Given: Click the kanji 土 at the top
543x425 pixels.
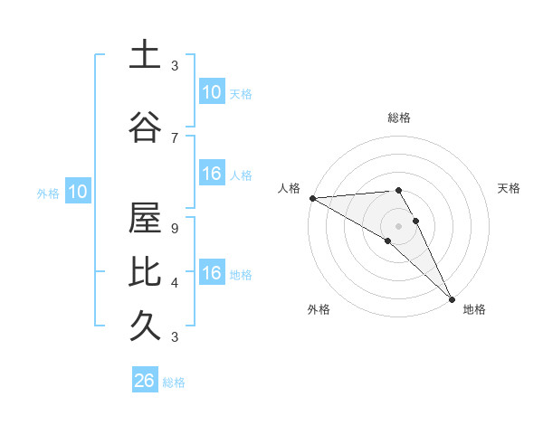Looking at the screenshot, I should (145, 55).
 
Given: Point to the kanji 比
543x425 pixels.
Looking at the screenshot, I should (145, 271).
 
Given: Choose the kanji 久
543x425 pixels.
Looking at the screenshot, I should (145, 324).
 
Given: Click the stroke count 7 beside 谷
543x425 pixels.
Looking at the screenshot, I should (175, 137).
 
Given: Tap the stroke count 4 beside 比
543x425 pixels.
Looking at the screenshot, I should (175, 283).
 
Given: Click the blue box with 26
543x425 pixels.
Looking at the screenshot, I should (144, 381).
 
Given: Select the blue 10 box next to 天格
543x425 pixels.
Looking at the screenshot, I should (211, 92).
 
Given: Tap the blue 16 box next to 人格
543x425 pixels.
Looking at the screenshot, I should (211, 174).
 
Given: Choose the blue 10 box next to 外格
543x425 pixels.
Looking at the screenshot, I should (77, 192).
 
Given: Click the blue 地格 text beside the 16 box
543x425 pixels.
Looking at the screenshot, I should (241, 275).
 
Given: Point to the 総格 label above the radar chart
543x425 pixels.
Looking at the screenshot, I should (399, 118).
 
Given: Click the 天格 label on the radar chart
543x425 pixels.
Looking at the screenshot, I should (509, 188).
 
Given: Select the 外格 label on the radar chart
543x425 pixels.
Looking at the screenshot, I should (319, 310).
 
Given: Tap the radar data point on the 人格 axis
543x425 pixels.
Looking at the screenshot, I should (312, 198).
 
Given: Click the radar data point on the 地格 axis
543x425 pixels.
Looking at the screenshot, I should (452, 298).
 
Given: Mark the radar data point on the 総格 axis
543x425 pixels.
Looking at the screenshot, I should (398, 190).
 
